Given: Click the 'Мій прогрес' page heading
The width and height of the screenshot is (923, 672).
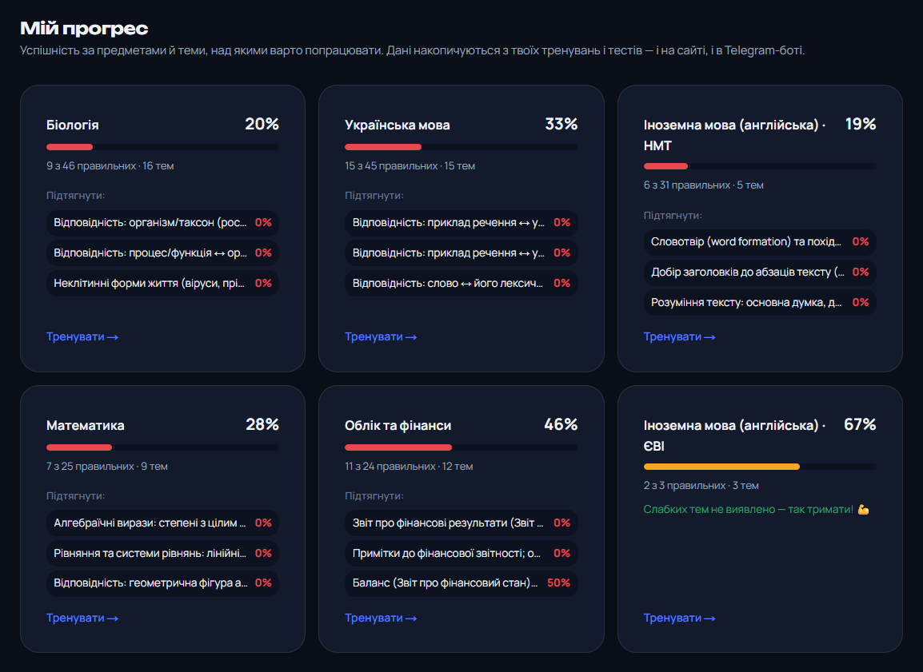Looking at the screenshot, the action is (x=84, y=28).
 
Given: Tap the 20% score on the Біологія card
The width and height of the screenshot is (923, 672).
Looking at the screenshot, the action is (x=262, y=124).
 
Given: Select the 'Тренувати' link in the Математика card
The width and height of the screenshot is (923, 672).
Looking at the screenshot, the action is (x=82, y=618).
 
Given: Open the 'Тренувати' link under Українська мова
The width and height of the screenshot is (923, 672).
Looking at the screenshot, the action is (x=381, y=337).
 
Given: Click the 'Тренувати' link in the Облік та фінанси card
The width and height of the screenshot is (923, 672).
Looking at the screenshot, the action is (x=381, y=618).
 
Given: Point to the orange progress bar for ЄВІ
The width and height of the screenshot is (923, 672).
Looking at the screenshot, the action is (x=721, y=467).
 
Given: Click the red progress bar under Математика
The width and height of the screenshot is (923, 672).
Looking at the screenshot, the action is (x=79, y=447).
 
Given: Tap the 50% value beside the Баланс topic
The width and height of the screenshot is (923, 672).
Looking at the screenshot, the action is (x=558, y=583).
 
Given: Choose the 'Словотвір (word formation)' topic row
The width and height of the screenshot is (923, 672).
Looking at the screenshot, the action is (x=760, y=241).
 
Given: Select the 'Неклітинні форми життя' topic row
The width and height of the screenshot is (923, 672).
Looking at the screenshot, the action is (x=162, y=284).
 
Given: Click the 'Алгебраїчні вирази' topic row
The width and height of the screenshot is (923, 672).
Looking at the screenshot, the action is (x=162, y=523).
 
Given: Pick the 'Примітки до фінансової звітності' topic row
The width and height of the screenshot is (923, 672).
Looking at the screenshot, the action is (x=461, y=553).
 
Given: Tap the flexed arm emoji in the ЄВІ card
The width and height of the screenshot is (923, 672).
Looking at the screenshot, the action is (x=864, y=510).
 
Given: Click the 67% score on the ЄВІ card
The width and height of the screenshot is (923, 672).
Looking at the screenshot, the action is (x=860, y=424).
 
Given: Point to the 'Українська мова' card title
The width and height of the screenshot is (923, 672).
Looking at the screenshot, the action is (x=398, y=125).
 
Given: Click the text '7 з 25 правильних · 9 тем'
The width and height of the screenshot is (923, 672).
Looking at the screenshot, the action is (x=107, y=466).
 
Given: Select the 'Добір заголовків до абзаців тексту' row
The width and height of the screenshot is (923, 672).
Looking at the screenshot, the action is (x=760, y=272).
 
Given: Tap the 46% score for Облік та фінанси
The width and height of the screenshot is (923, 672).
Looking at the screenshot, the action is (x=561, y=424).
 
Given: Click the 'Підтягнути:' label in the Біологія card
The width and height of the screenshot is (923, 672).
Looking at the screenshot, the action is (x=76, y=196).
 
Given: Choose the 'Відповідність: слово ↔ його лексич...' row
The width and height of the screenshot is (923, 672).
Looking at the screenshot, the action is (x=461, y=284).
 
